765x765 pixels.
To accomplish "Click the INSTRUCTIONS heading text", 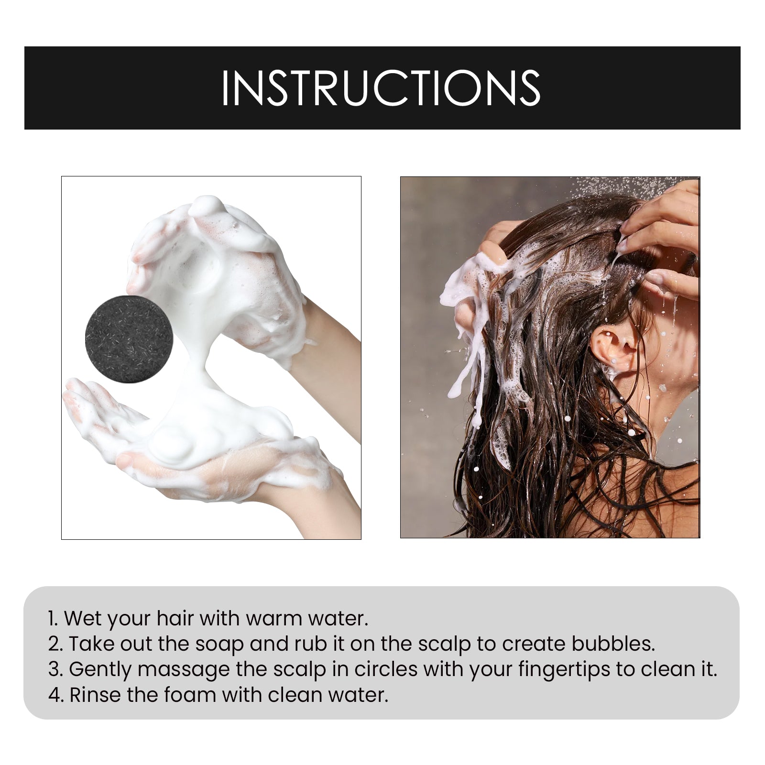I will (381, 88).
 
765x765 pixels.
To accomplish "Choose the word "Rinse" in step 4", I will (95, 695).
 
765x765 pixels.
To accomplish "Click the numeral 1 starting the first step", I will (52, 618).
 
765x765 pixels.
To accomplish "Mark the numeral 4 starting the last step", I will (55, 695).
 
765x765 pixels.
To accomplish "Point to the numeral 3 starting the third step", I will (54, 669).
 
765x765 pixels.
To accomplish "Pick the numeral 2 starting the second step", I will (54, 644).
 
